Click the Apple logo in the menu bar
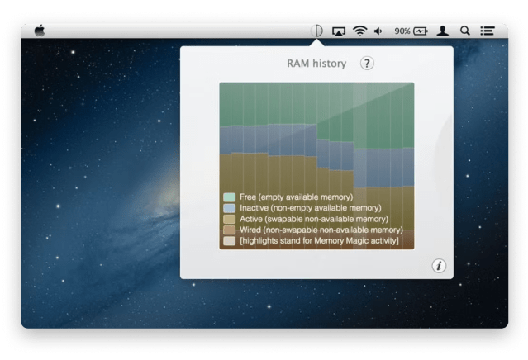(39, 31)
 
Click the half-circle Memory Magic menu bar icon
(316, 31)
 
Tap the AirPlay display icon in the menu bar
(338, 31)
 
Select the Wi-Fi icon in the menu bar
(359, 31)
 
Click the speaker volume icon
(378, 31)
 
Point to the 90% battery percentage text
(402, 31)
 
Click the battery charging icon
(421, 31)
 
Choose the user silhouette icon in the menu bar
(444, 31)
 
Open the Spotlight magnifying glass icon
(465, 31)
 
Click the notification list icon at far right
(488, 31)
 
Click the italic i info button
(439, 265)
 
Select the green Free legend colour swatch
(229, 197)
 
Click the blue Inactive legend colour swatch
(229, 208)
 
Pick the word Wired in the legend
(250, 230)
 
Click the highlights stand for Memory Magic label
(319, 240)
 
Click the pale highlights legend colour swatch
(229, 240)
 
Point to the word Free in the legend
(248, 197)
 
